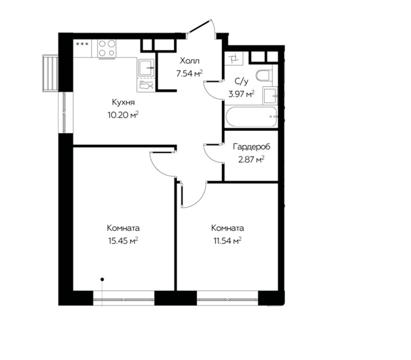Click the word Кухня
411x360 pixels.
tap(123, 102)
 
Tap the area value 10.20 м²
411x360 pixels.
tap(123, 115)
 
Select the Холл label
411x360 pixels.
tap(189, 61)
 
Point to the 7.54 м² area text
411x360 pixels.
tap(189, 74)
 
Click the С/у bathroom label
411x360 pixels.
tap(241, 81)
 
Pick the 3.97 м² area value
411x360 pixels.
tap(241, 94)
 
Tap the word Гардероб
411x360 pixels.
tap(252, 147)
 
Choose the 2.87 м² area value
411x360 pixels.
tap(251, 159)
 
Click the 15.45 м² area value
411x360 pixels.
tap(123, 241)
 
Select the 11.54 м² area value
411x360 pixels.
tap(227, 241)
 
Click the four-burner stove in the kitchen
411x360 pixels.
tap(107, 48)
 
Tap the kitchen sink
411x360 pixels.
tap(146, 67)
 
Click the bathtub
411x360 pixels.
tap(251, 117)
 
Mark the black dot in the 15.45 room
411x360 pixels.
tap(102, 279)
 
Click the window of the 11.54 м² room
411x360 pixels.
tap(227, 298)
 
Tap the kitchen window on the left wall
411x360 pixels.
tap(65, 113)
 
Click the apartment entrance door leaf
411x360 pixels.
tap(200, 26)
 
